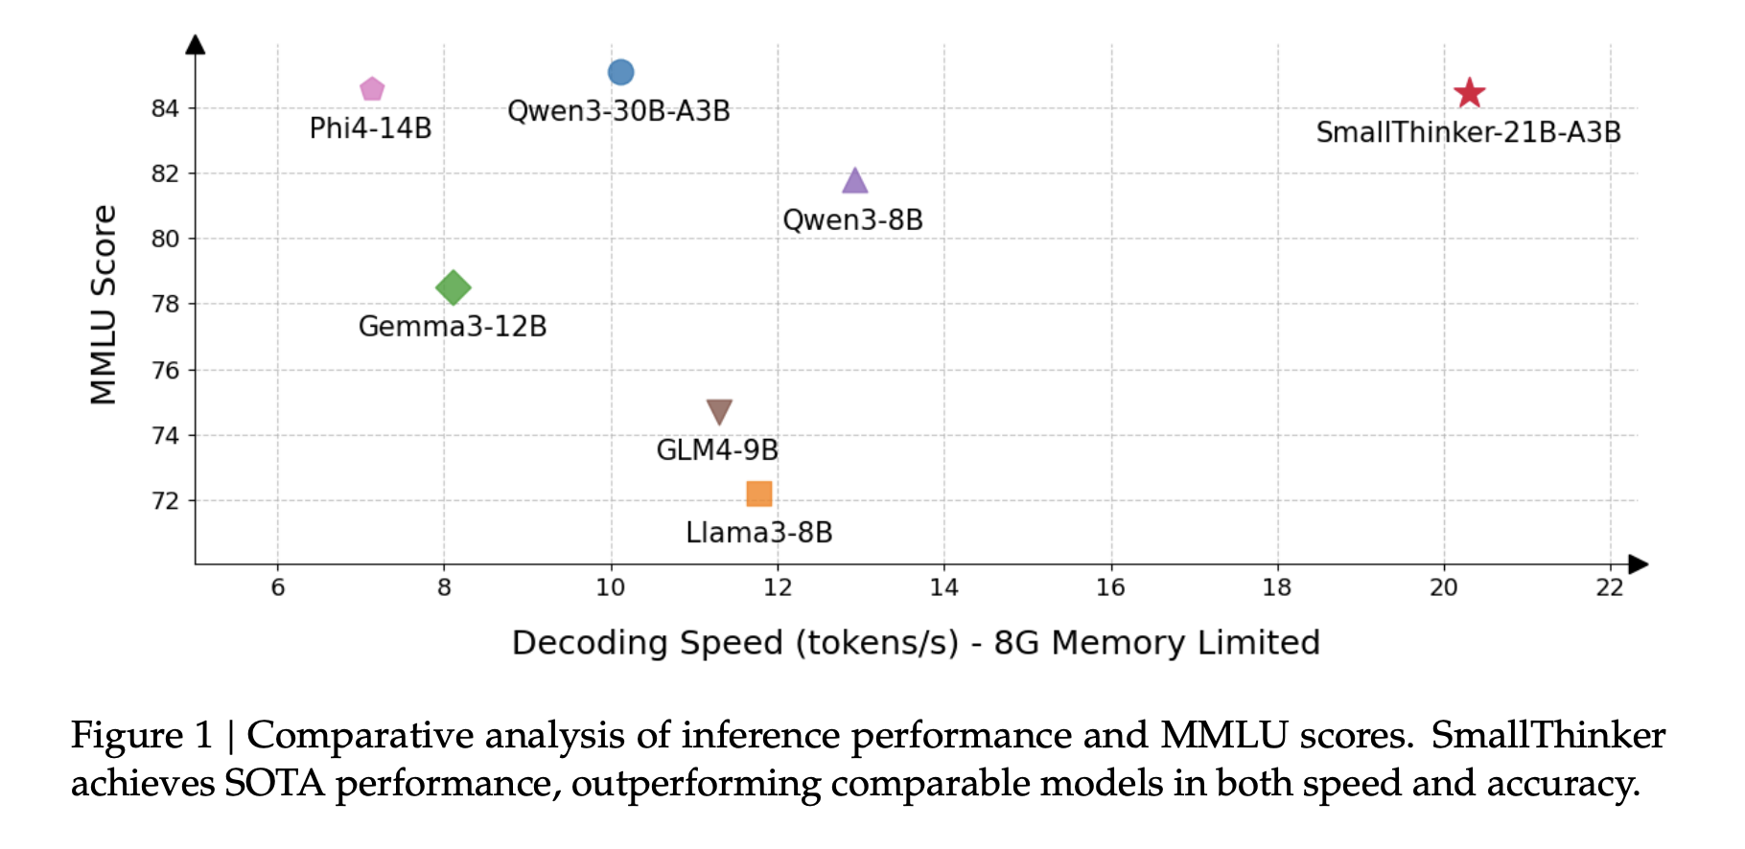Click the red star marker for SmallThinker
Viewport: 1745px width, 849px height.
coord(1469,93)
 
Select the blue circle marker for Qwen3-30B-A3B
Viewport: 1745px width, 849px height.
coord(620,72)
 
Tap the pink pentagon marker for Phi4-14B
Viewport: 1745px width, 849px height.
coord(372,89)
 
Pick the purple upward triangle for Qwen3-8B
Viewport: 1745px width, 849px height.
coord(854,181)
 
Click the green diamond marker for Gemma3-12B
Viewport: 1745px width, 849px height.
coord(453,287)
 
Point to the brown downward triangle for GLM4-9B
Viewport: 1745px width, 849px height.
coord(719,411)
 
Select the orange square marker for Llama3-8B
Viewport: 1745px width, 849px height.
coord(758,493)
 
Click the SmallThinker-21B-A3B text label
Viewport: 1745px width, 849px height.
coord(1468,132)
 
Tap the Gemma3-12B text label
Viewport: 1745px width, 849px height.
coord(453,326)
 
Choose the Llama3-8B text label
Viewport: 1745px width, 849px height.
coord(758,532)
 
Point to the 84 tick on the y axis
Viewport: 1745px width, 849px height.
coord(165,108)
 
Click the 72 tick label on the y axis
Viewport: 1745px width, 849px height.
coord(165,500)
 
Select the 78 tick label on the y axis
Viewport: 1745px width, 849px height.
coord(165,304)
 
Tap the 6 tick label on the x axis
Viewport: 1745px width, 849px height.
coord(278,587)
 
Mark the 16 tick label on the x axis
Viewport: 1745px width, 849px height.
coord(1110,587)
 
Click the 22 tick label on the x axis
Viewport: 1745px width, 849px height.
coord(1610,587)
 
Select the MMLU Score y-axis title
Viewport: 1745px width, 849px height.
coord(104,304)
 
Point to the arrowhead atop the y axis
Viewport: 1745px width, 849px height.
coord(196,44)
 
